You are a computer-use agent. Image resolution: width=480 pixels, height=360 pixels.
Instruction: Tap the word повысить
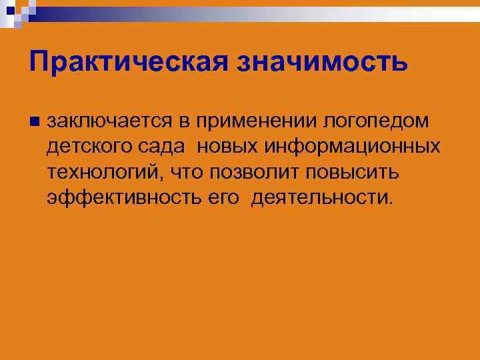(353, 172)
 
